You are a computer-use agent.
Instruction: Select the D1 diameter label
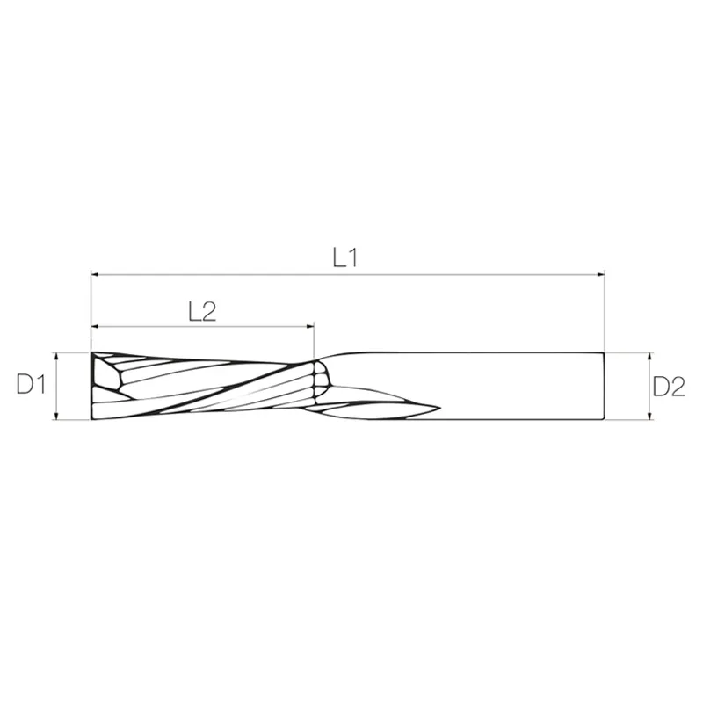30,386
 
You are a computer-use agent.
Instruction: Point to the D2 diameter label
669,386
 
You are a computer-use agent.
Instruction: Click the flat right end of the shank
605,387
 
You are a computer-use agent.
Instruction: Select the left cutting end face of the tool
93,387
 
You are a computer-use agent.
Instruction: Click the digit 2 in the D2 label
677,386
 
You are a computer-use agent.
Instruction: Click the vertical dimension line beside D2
649,387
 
